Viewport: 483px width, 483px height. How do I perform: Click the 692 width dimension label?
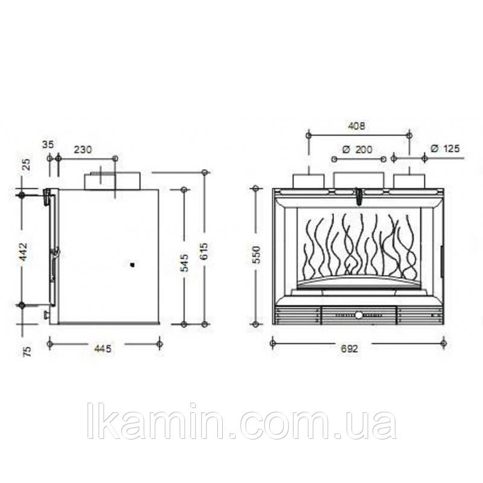[x=350, y=349]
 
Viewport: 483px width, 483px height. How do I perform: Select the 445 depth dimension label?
[x=102, y=349]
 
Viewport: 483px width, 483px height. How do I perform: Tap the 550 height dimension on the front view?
[x=256, y=255]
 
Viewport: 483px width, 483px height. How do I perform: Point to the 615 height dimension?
[x=203, y=252]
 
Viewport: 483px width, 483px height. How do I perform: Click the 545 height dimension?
[x=184, y=263]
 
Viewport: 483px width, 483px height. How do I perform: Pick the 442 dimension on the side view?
[x=24, y=252]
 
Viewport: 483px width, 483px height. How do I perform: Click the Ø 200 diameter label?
[x=357, y=150]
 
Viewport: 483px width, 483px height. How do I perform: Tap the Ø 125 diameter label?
[x=446, y=149]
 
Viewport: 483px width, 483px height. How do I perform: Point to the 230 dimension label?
[x=83, y=150]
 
